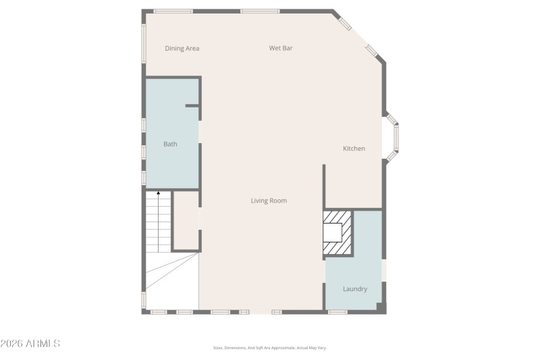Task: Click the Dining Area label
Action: pos(182,49)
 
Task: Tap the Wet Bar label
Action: pos(281,48)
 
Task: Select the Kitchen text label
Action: pos(354,149)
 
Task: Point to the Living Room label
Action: pos(269,201)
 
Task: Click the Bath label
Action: pos(170,144)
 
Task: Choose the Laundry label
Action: pos(354,289)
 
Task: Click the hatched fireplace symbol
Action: pos(337,233)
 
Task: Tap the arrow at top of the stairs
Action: pos(158,195)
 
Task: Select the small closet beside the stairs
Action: pos(186,221)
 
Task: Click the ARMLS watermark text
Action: pos(30,344)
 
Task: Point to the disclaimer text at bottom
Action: pos(269,348)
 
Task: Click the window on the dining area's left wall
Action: pos(143,44)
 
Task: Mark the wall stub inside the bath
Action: pos(192,105)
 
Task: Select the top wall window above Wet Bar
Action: pos(260,11)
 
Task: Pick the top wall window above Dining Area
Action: pos(173,11)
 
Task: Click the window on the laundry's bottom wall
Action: pos(337,312)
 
